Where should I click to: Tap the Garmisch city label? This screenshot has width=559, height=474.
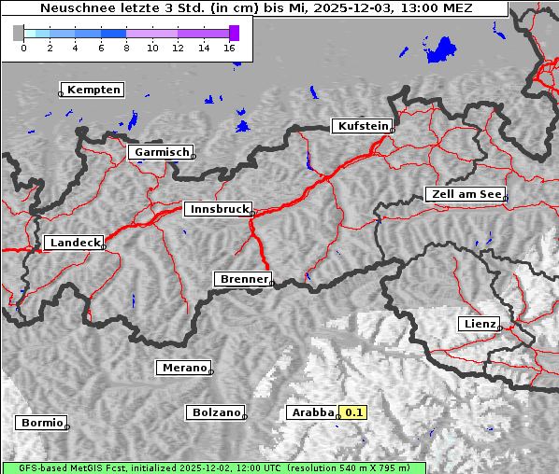(x=161, y=152)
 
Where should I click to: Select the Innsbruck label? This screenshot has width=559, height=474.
(x=218, y=209)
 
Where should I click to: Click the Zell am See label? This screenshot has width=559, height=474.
(x=466, y=194)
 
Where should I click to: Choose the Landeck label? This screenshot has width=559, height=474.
(x=74, y=243)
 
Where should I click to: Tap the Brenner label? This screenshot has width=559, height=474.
(x=243, y=279)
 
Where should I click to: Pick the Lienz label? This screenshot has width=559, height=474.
(x=480, y=324)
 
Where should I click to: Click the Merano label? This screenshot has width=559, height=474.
(x=183, y=368)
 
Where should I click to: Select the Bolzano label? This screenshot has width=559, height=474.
(x=216, y=411)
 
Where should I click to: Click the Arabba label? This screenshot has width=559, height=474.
(x=311, y=411)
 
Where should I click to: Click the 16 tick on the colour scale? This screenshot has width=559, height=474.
(x=230, y=48)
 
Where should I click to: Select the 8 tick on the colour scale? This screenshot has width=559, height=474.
(x=126, y=48)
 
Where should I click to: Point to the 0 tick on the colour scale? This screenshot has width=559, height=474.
(x=23, y=48)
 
